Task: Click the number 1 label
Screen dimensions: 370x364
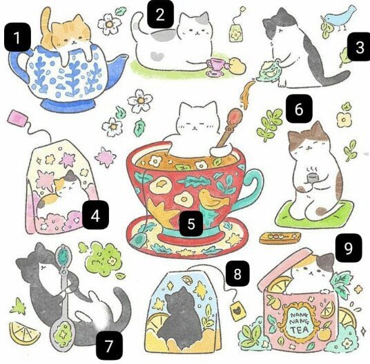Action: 17,37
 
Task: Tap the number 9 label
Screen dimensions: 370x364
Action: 349,248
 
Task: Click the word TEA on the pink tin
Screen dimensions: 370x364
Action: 300,329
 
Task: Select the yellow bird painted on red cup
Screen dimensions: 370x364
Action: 213,198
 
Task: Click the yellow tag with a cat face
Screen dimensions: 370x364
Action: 237,311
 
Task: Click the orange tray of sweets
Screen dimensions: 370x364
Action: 280,238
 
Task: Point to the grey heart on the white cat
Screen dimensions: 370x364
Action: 157,56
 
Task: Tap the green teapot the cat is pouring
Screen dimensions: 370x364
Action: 270,71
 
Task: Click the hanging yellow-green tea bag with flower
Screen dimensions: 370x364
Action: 236,33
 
